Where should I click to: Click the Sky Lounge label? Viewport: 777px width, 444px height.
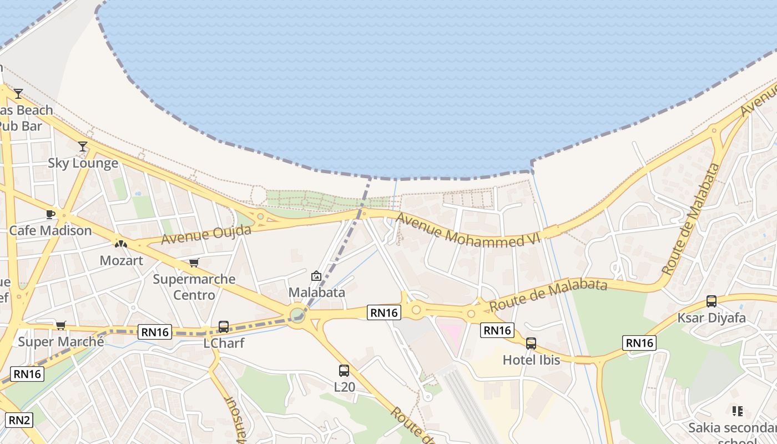coord(83,163)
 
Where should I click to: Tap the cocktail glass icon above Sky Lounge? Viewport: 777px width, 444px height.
coord(83,147)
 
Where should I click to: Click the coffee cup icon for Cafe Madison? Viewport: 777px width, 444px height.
coord(51,214)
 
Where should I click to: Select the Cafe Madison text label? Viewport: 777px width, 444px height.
coord(51,231)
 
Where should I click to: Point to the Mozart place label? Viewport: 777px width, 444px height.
coord(121,260)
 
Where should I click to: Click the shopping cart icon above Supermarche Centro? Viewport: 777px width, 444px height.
coord(194,263)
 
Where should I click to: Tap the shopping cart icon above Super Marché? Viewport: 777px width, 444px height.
coord(60,325)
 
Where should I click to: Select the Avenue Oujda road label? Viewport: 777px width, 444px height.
coord(206,234)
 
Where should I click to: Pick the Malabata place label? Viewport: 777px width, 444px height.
coord(316,292)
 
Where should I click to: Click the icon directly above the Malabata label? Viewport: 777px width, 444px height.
coord(316,275)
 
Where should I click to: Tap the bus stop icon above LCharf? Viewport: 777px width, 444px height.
coord(224,326)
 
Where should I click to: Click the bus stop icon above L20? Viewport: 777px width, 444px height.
coord(344,370)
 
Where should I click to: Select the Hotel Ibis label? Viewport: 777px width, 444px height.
coord(531,360)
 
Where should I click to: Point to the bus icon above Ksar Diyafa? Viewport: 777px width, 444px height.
coord(712,301)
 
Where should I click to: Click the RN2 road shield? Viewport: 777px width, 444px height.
coord(19,420)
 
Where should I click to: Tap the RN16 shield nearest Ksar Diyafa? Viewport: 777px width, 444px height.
coord(639,343)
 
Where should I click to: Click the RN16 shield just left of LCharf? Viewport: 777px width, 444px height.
coord(155,332)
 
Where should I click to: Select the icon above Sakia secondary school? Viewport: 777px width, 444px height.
coord(737,411)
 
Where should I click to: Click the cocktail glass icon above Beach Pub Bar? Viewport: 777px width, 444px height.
coord(18,93)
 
